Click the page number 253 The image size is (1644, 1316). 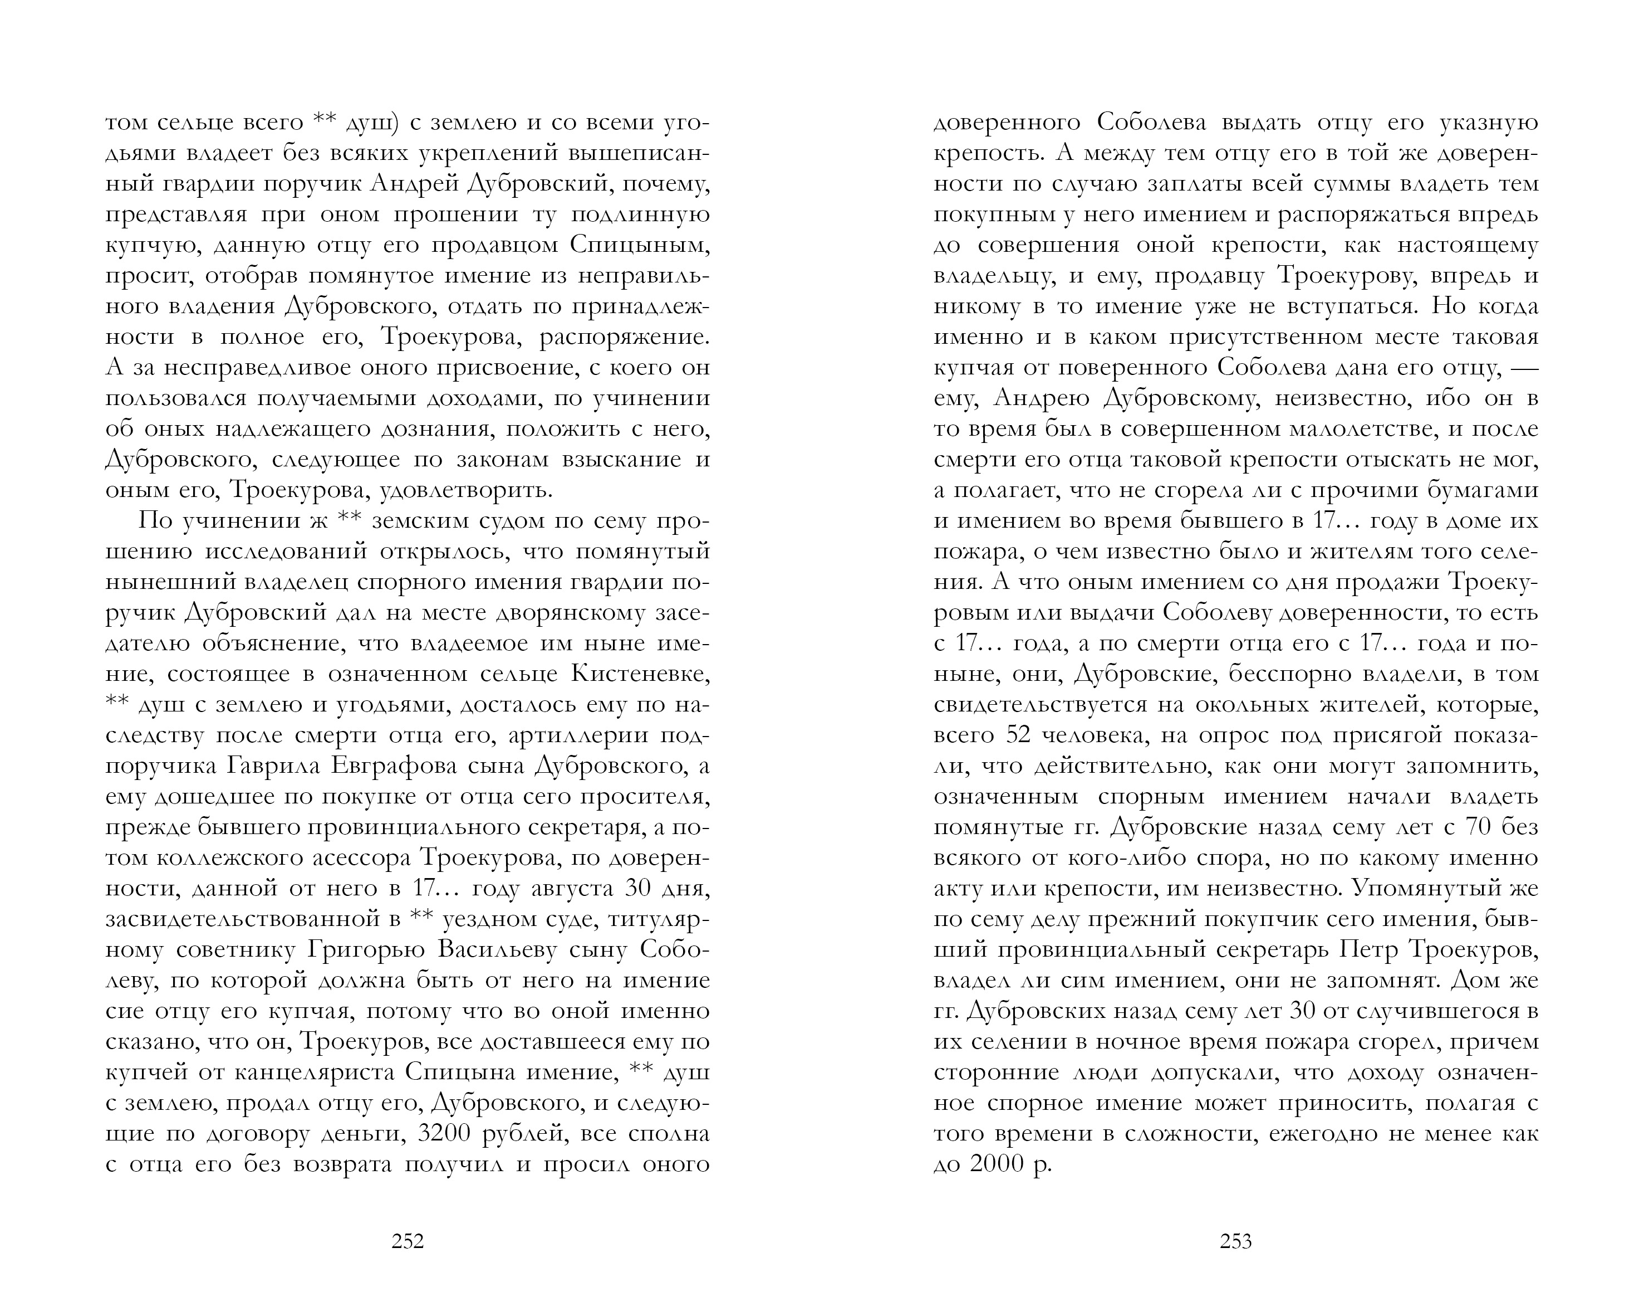pyautogui.click(x=1235, y=1241)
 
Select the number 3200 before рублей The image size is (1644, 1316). pyautogui.click(x=450, y=1134)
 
